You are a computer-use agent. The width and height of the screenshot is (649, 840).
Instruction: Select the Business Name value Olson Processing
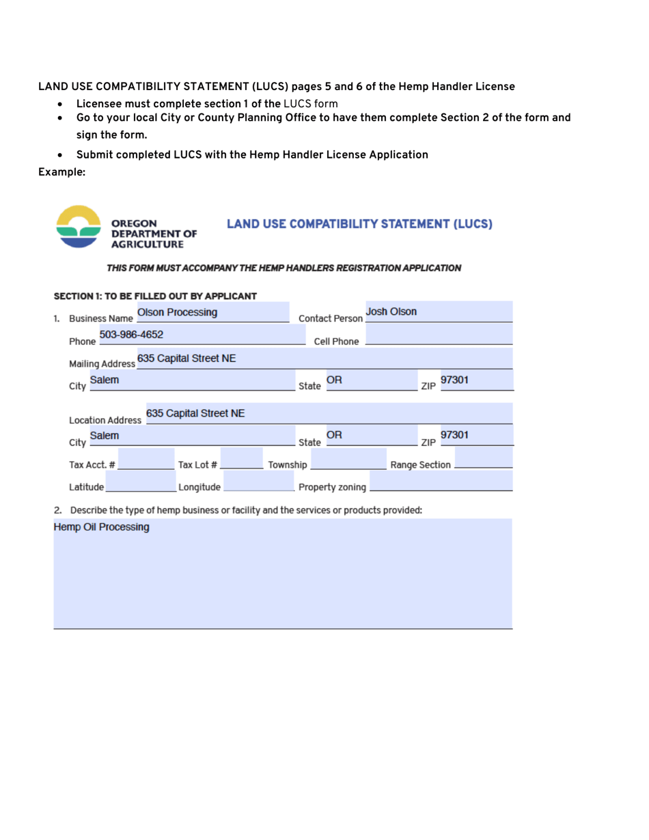(177, 313)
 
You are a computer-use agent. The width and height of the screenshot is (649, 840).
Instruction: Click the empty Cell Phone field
(439, 335)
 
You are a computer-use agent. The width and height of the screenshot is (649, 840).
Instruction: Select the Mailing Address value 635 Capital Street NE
(187, 358)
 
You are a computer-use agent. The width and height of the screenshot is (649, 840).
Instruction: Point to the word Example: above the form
(61, 173)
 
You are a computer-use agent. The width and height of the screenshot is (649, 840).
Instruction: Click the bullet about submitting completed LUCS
(252, 154)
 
